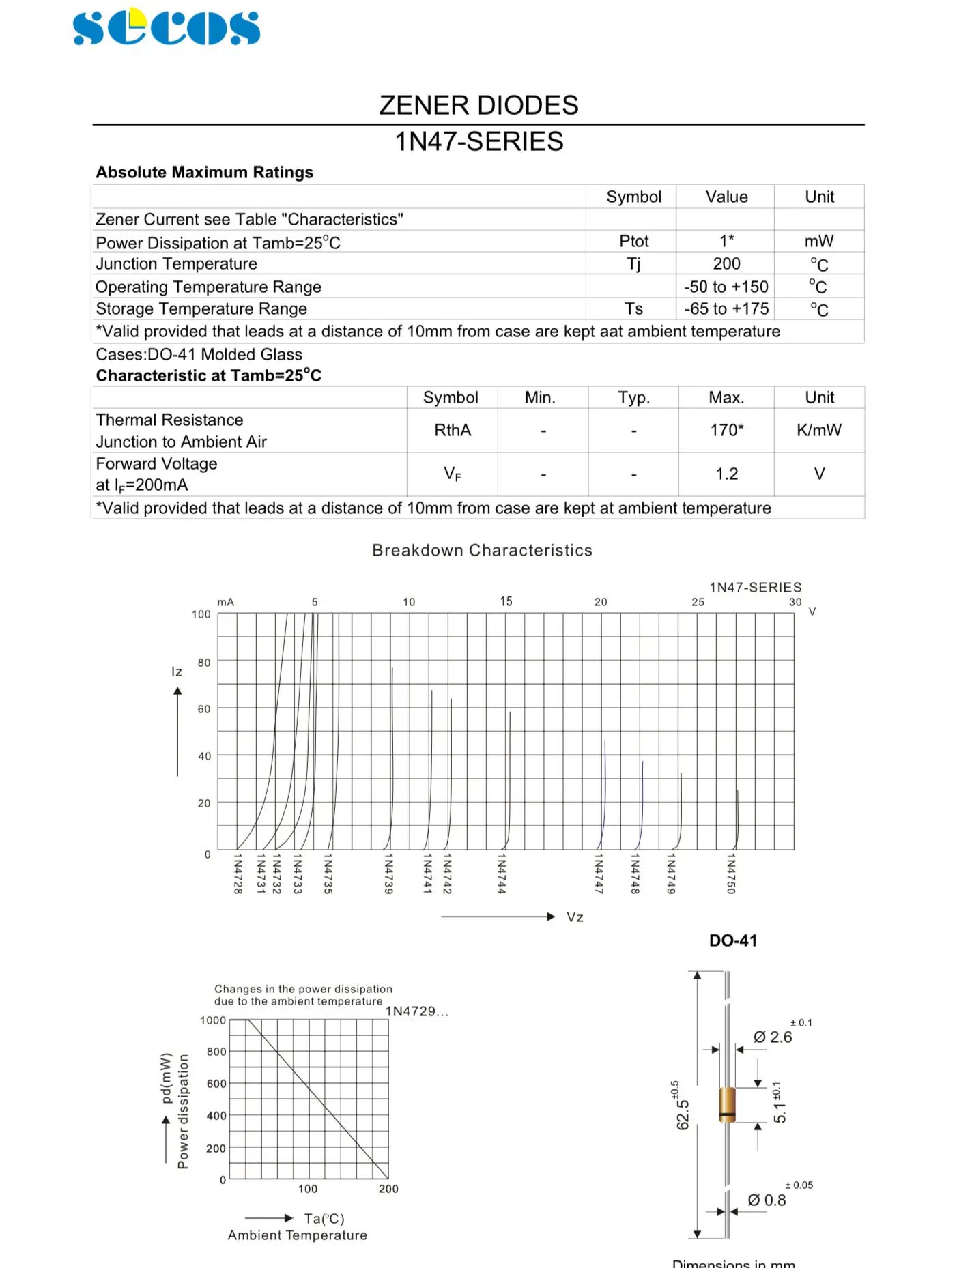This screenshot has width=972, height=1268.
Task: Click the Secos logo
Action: pos(167,27)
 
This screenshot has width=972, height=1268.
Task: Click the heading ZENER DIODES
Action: pos(478,106)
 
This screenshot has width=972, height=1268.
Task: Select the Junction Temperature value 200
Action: pos(726,264)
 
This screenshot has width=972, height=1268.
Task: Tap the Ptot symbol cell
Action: pos(633,242)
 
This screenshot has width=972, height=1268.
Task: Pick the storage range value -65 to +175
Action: pos(726,309)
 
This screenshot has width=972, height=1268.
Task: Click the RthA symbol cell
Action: pos(452,431)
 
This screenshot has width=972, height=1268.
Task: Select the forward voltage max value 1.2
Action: pos(726,474)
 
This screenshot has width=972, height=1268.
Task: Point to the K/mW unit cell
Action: pos(818,431)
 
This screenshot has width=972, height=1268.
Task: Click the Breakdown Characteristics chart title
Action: pos(482,551)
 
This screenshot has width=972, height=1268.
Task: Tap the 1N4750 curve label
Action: pos(731,874)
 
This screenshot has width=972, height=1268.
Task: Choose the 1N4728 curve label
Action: pos(238,874)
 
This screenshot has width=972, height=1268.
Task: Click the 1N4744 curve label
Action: pos(502,874)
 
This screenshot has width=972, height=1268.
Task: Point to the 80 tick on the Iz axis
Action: pos(204,663)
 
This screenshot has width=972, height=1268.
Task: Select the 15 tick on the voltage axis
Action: pos(506,601)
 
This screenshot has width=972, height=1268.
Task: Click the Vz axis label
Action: pos(575,917)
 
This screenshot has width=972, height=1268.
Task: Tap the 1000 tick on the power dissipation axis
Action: pos(213,1020)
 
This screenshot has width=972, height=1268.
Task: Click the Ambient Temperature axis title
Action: pos(298,1235)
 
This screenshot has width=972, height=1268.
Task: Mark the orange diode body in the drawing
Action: pos(728,1104)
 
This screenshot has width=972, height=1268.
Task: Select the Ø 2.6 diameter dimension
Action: pos(773,1037)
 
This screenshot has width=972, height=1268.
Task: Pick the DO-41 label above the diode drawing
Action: pos(733,940)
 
